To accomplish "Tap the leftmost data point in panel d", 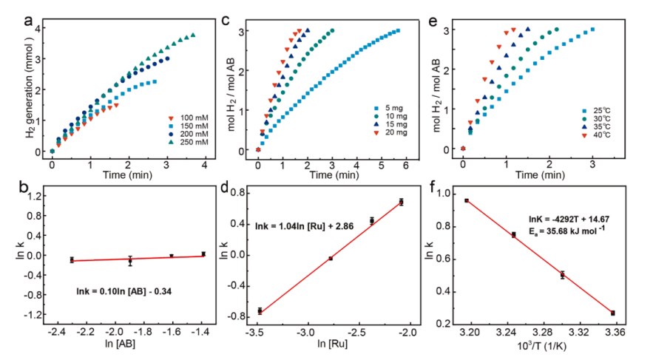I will coord(260,311).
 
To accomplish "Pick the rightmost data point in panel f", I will coord(613,313).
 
